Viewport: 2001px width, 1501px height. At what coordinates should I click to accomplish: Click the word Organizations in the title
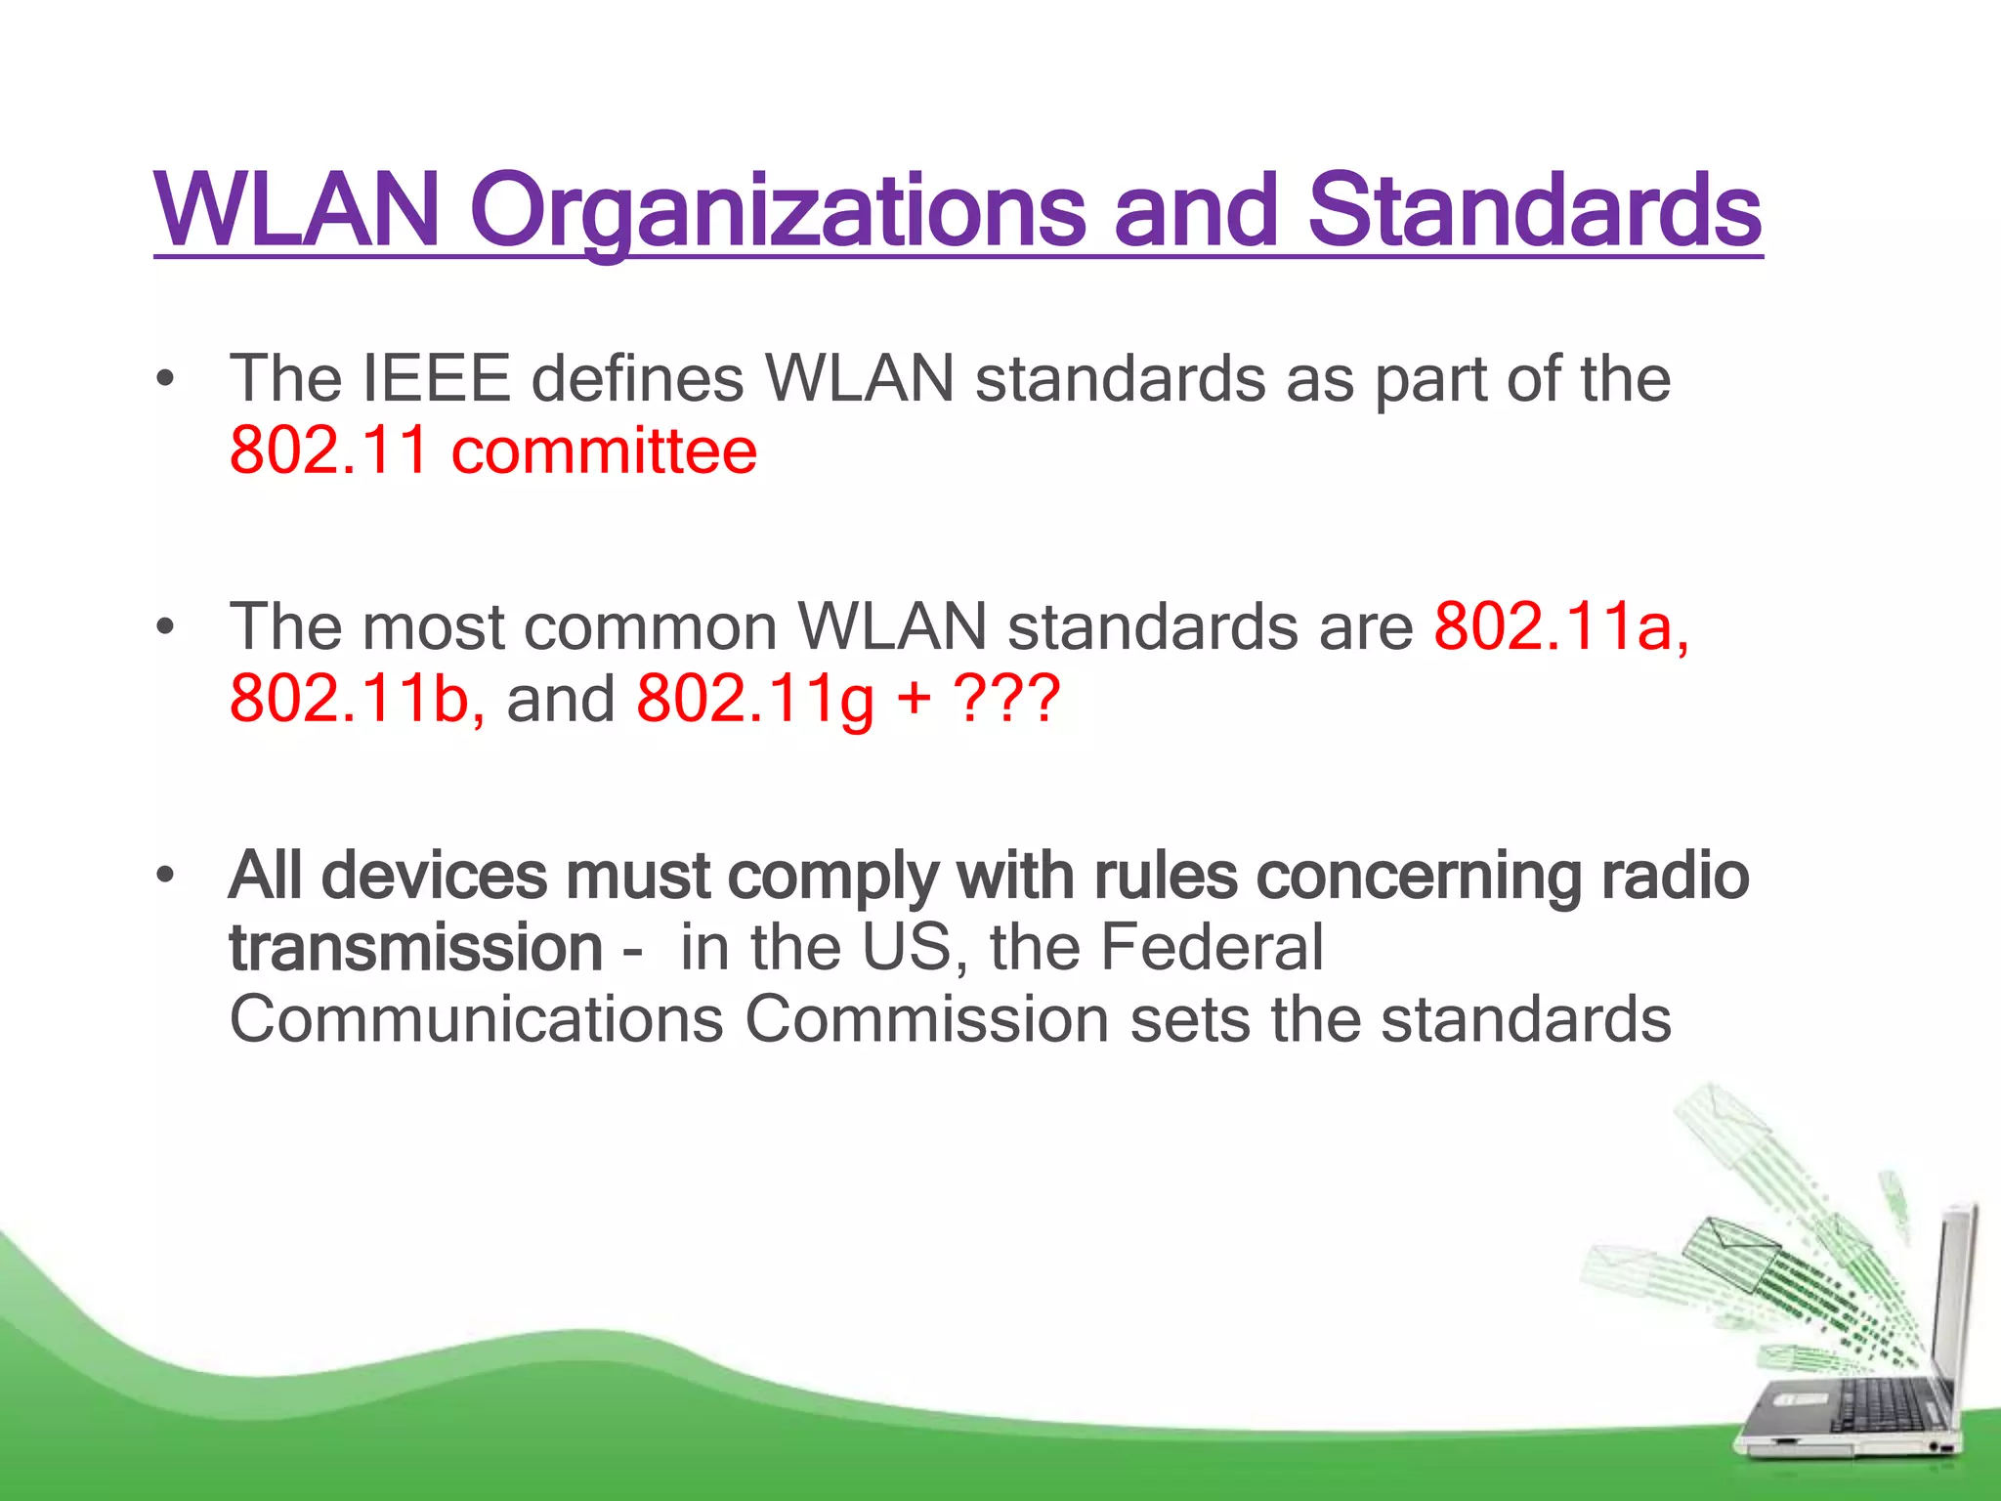[x=777, y=210]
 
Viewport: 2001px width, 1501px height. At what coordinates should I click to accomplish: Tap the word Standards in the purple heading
[x=1534, y=210]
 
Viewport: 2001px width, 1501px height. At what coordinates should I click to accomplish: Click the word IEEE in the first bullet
[x=436, y=379]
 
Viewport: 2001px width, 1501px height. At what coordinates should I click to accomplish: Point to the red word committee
[x=604, y=451]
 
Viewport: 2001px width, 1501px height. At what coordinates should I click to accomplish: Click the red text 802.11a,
[x=1560, y=626]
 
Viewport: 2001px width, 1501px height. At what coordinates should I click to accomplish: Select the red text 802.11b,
[x=357, y=700]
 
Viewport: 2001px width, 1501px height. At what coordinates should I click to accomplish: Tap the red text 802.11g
[x=754, y=700]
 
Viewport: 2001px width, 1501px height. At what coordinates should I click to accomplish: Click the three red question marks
[x=1006, y=700]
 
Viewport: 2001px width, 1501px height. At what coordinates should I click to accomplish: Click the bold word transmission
[x=415, y=948]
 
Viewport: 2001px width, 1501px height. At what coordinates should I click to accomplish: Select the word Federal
[x=1212, y=948]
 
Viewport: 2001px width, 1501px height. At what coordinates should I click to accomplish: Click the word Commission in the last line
[x=926, y=1020]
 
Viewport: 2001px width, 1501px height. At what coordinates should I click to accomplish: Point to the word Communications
[x=476, y=1020]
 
